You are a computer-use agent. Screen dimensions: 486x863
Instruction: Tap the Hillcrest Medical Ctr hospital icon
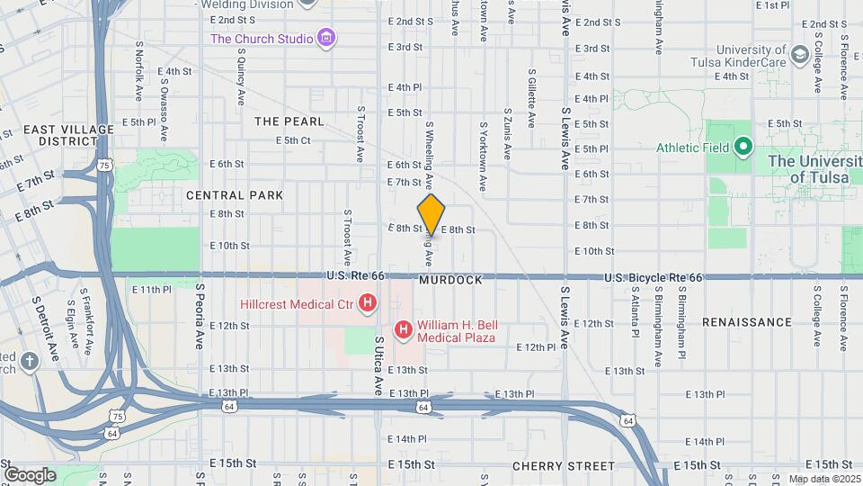(367, 304)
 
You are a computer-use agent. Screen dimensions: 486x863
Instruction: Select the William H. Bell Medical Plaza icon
(403, 331)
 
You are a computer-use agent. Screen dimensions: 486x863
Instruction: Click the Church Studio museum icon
(326, 39)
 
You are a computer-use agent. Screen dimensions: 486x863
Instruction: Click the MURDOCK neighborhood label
(450, 280)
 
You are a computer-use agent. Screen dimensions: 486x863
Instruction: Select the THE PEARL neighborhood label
(288, 121)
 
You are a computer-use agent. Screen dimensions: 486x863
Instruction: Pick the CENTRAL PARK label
(235, 194)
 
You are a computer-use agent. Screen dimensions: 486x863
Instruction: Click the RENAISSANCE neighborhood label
(747, 321)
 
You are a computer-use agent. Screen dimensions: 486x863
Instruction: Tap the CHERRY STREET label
(564, 466)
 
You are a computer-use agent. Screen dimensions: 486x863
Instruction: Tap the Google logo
(30, 474)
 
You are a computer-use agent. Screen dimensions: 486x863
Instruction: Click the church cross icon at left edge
(30, 362)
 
